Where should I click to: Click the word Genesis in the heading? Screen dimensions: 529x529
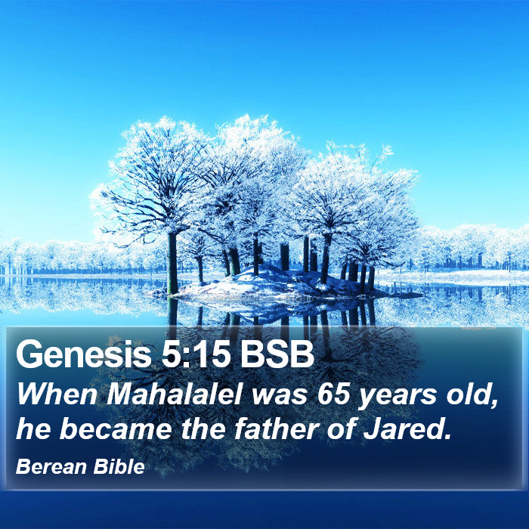pos(84,354)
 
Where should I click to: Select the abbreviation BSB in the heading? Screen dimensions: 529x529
pos(277,354)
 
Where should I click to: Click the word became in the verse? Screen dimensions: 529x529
pos(116,428)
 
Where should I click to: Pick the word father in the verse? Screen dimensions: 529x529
pos(277,428)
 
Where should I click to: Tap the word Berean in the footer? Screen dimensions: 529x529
pos(51,467)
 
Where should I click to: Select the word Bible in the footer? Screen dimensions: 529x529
pos(119,467)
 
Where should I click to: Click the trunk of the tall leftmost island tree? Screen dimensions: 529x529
pos(172,263)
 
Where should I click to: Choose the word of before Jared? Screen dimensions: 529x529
pos(340,428)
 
